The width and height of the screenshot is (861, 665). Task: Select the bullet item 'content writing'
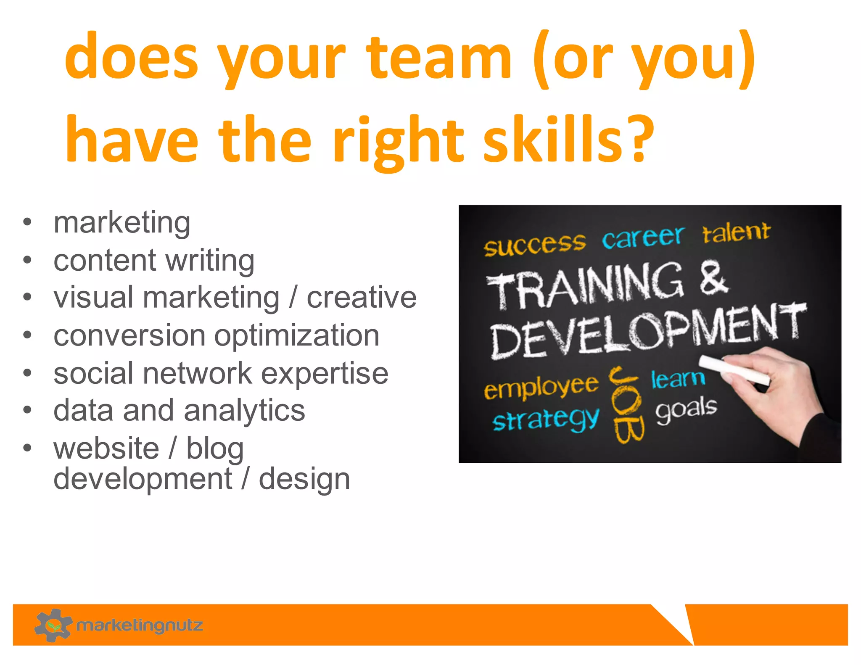pyautogui.click(x=154, y=261)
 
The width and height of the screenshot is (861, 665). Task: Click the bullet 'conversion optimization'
pyautogui.click(x=217, y=335)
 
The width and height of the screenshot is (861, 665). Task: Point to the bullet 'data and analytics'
pyautogui.click(x=179, y=410)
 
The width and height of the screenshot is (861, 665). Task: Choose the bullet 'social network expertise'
pyautogui.click(x=221, y=373)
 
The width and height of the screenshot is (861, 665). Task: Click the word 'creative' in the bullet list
pyautogui.click(x=362, y=298)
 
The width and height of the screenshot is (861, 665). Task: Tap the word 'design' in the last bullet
pyautogui.click(x=304, y=479)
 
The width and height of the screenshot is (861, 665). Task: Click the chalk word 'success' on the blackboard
pyautogui.click(x=534, y=245)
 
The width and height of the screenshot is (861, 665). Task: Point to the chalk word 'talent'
pyautogui.click(x=736, y=232)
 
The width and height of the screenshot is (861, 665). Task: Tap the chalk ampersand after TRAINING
pyautogui.click(x=713, y=277)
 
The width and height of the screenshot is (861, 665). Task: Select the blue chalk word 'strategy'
pyautogui.click(x=546, y=420)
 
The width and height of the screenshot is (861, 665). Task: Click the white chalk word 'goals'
pyautogui.click(x=686, y=409)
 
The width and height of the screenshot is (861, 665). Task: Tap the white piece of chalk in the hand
pyautogui.click(x=734, y=369)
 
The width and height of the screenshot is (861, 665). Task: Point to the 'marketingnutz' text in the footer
pyautogui.click(x=140, y=625)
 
